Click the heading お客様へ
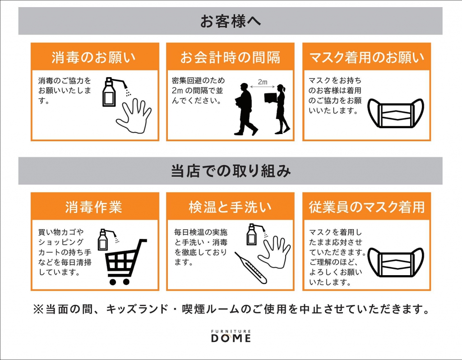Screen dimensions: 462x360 pyautogui.click(x=231, y=21)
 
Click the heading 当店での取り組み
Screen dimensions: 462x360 pyautogui.click(x=231, y=171)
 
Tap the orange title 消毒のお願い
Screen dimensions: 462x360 pyautogui.click(x=94, y=57)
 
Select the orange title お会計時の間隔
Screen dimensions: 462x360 pyautogui.click(x=230, y=57)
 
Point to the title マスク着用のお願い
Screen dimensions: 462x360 pyautogui.click(x=367, y=57)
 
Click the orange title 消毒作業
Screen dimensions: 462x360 pyautogui.click(x=94, y=207)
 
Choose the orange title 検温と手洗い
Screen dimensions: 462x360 pyautogui.click(x=230, y=207)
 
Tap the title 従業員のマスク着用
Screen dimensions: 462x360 pyautogui.click(x=367, y=207)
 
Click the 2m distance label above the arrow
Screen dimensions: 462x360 pyautogui.click(x=263, y=82)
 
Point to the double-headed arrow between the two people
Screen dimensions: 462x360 pyautogui.click(x=263, y=87)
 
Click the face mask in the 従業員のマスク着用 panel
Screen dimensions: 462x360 pyautogui.click(x=396, y=262)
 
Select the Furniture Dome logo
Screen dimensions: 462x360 pyautogui.click(x=231, y=336)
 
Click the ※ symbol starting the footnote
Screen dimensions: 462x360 pyautogui.click(x=38, y=309)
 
